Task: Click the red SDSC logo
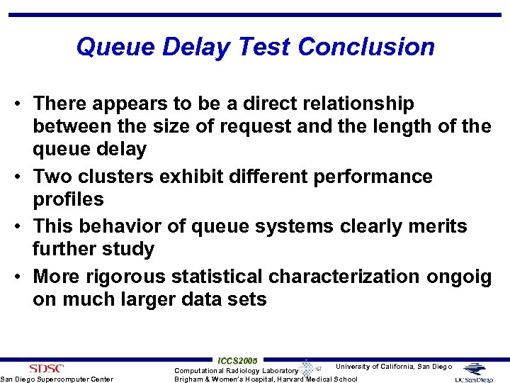point(46,368)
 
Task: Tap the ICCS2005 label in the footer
point(238,360)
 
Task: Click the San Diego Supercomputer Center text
point(57,379)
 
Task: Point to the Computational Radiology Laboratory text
point(237,370)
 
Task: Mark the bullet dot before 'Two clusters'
point(22,177)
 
